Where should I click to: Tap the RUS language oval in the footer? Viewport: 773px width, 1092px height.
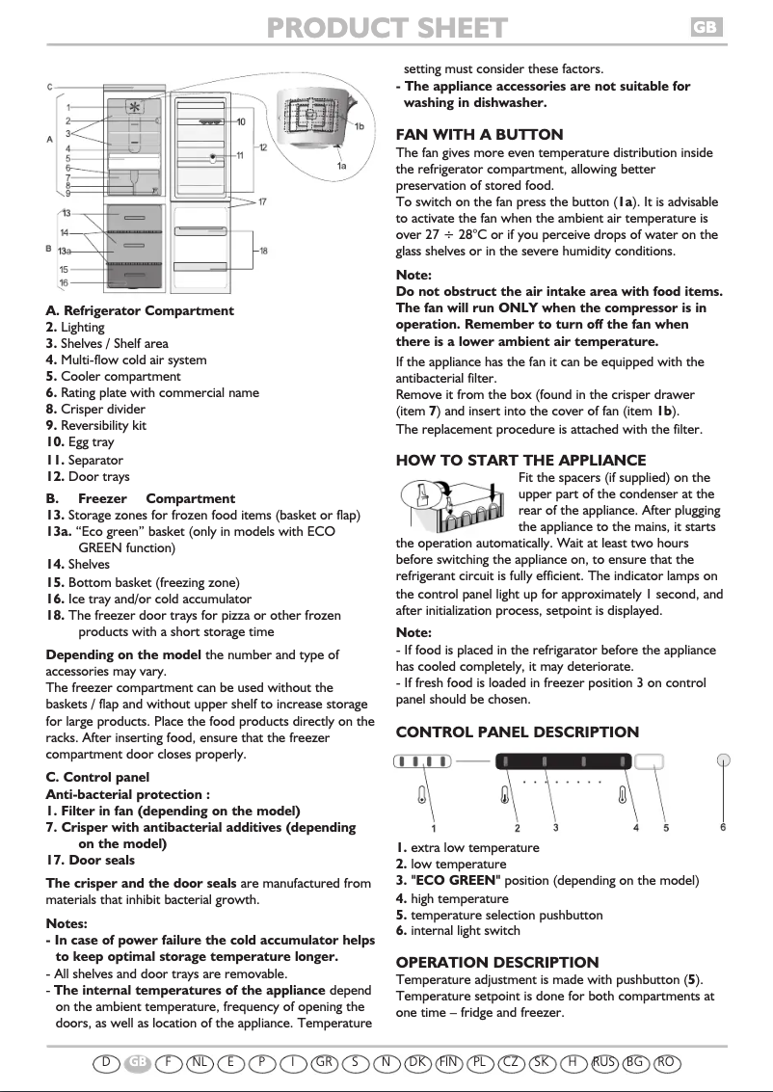pyautogui.click(x=605, y=1062)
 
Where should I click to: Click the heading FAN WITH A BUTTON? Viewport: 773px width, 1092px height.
pyautogui.click(x=480, y=135)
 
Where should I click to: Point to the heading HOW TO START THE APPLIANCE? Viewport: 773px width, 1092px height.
pyautogui.click(x=521, y=461)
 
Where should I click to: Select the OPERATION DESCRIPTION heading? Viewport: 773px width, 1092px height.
pyautogui.click(x=497, y=962)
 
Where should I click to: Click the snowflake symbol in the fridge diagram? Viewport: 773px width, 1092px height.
pyautogui.click(x=134, y=108)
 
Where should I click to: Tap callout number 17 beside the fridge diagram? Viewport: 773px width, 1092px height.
pyautogui.click(x=263, y=202)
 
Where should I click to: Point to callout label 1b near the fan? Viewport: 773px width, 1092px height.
pyautogui.click(x=359, y=127)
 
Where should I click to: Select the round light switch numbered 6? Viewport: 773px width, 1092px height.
pyautogui.click(x=724, y=759)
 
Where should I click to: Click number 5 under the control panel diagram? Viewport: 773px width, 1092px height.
pyautogui.click(x=666, y=827)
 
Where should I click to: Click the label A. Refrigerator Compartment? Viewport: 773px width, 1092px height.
pyautogui.click(x=140, y=310)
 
